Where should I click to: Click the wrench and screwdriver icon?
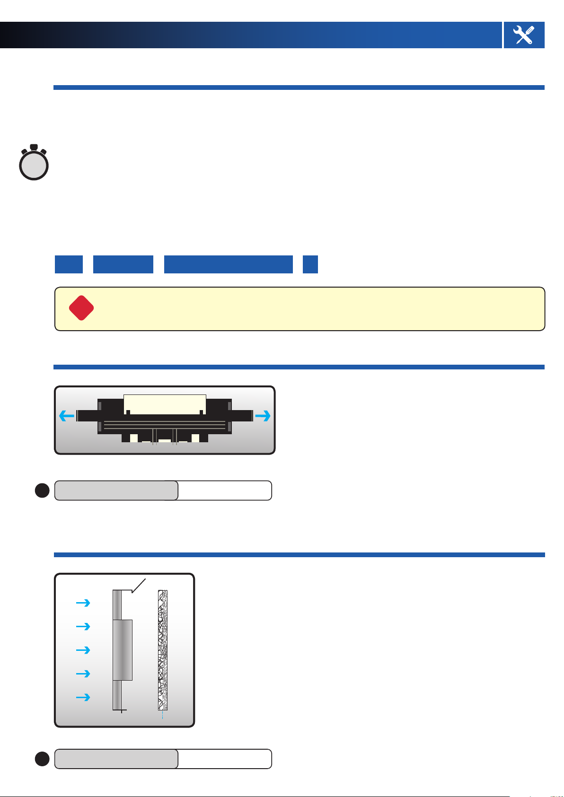coord(524,35)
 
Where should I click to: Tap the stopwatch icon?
coord(34,164)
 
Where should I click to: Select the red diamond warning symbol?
coord(81,308)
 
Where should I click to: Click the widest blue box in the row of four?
coord(228,264)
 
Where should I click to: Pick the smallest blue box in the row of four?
coord(310,264)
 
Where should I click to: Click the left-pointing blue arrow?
coord(67,416)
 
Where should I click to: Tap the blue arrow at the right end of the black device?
coord(263,416)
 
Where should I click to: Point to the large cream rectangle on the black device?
coord(165,404)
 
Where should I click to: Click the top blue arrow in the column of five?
coord(83,603)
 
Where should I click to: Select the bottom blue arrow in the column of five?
coord(83,697)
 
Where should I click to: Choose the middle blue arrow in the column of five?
coord(83,650)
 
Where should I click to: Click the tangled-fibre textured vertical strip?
coord(163,650)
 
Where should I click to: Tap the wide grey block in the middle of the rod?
coord(123,650)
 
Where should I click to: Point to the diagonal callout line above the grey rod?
coord(139,586)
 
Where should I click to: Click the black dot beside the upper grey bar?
coord(42,490)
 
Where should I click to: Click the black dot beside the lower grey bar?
coord(42,759)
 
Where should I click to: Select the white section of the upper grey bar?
coord(224,490)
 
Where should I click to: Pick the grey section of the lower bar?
coord(116,759)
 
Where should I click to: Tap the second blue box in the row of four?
coord(123,264)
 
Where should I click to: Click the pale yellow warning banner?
coord(312,308)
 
